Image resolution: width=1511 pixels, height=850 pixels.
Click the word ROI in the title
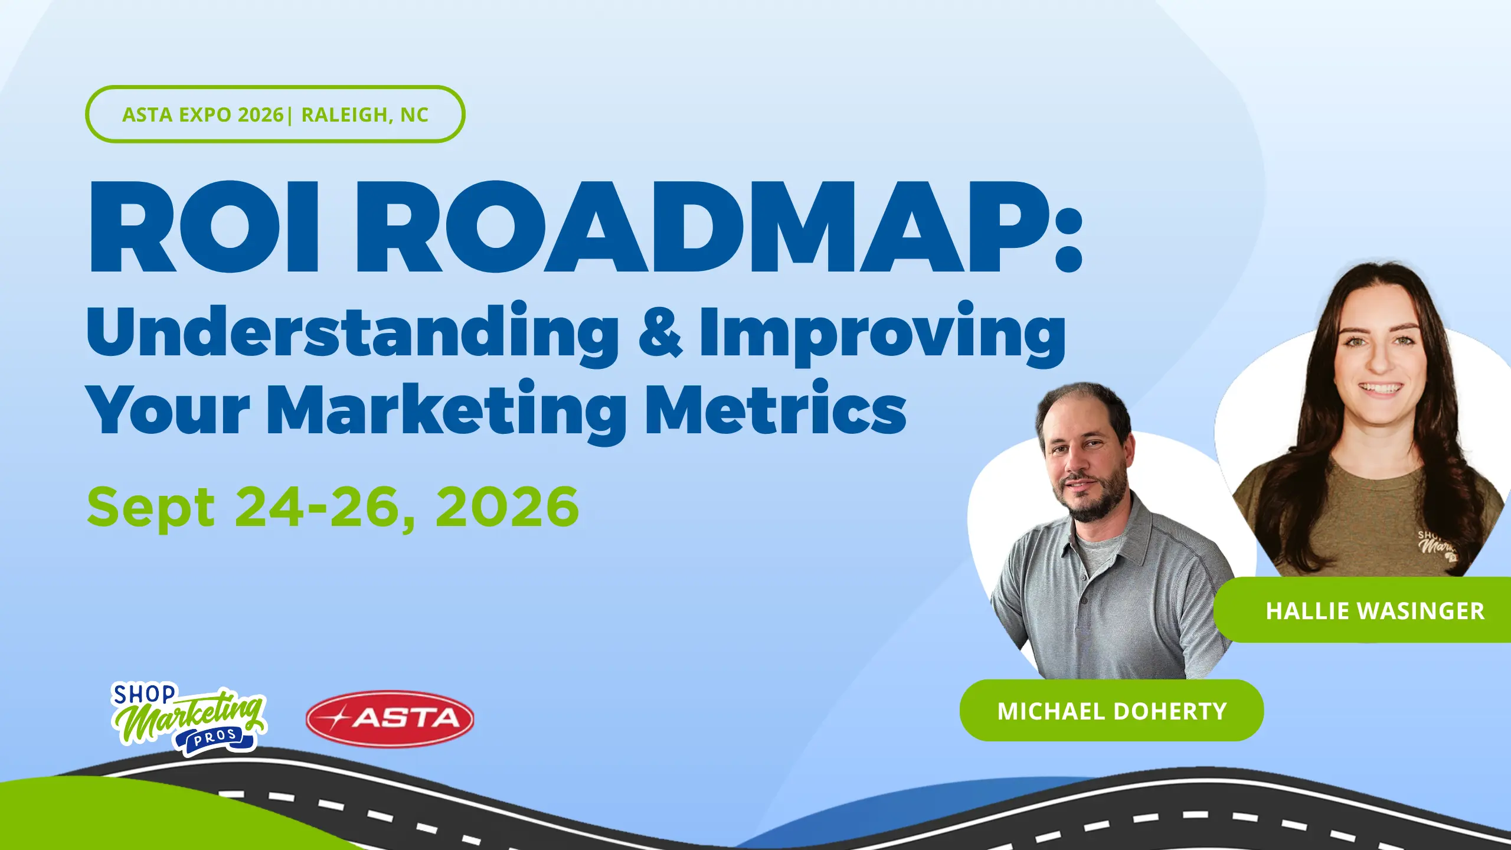(x=204, y=227)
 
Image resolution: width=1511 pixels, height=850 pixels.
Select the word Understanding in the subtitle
(x=352, y=333)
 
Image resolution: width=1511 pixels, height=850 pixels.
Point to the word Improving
(x=882, y=333)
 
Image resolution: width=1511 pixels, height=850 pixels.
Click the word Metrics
(x=776, y=408)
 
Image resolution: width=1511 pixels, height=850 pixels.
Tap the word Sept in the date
(x=151, y=508)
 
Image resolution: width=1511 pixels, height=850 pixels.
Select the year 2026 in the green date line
(x=507, y=506)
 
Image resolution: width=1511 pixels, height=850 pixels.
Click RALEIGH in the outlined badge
(x=345, y=115)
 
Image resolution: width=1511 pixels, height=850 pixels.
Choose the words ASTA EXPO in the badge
(x=177, y=115)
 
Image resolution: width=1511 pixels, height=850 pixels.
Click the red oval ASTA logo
(x=390, y=718)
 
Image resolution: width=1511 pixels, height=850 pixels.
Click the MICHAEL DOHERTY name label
(x=1111, y=711)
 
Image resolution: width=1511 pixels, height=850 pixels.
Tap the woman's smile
(x=1380, y=389)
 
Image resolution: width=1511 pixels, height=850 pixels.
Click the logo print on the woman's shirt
(x=1438, y=545)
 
